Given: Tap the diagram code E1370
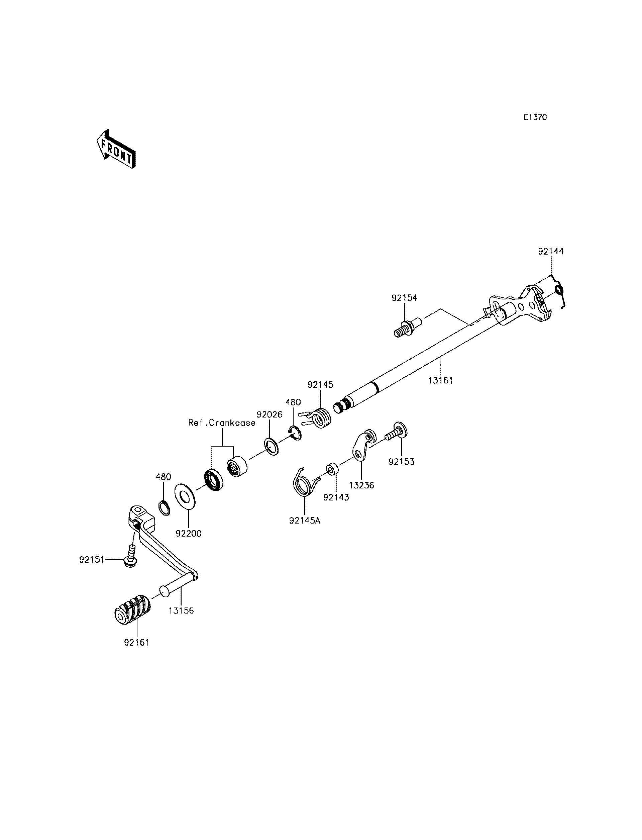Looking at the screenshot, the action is coord(535,117).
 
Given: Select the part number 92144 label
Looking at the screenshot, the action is coord(551,252).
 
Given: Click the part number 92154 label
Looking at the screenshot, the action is coord(404,298).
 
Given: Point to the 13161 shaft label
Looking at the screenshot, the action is coord(440,380).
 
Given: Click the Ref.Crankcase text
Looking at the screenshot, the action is coord(222,423).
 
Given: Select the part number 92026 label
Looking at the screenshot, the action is coord(270,414).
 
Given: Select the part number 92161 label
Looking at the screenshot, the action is coord(136,642).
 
